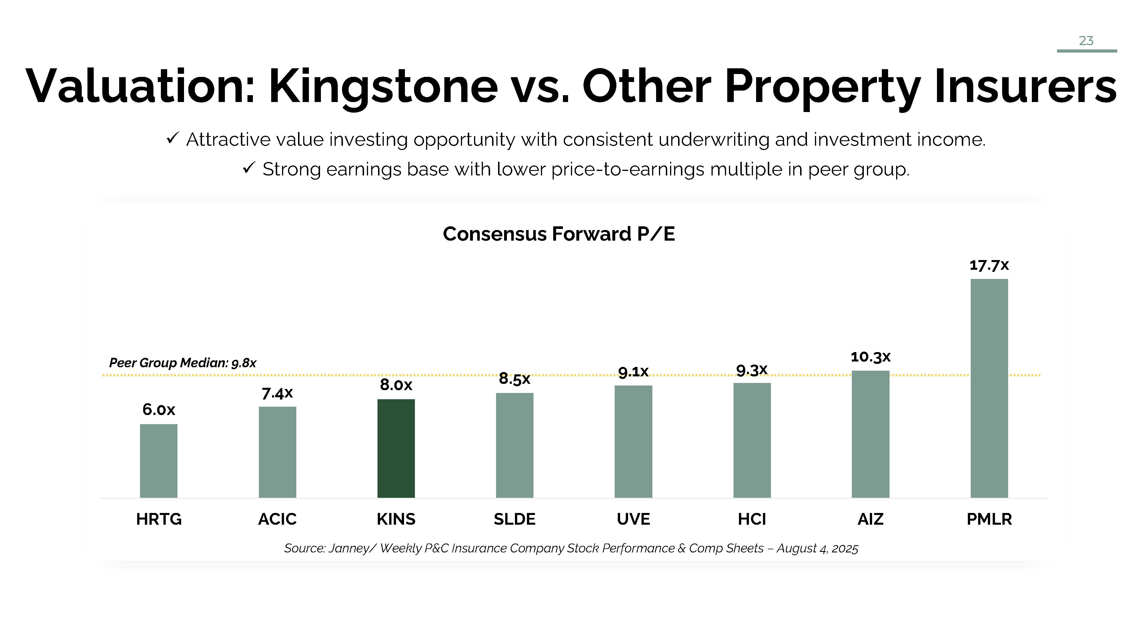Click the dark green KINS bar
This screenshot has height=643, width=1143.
click(x=396, y=448)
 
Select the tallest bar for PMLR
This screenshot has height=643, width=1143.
click(x=989, y=388)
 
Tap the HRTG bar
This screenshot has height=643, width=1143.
click(x=158, y=461)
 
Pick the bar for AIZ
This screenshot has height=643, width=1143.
click(x=870, y=434)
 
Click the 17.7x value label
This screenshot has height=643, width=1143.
click(x=989, y=265)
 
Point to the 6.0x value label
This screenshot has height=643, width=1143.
click(x=158, y=409)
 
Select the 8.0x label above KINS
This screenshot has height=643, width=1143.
click(x=396, y=385)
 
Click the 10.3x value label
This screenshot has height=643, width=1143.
click(x=870, y=357)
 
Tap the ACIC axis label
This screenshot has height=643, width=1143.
click(x=277, y=519)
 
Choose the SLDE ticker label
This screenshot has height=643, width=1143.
click(x=514, y=519)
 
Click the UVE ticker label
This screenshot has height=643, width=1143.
click(x=633, y=519)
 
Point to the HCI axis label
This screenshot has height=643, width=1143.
click(x=752, y=519)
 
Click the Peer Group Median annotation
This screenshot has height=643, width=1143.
click(x=182, y=363)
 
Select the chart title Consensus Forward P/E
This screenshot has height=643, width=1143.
click(x=559, y=234)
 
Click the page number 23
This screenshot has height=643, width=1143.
click(x=1086, y=41)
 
